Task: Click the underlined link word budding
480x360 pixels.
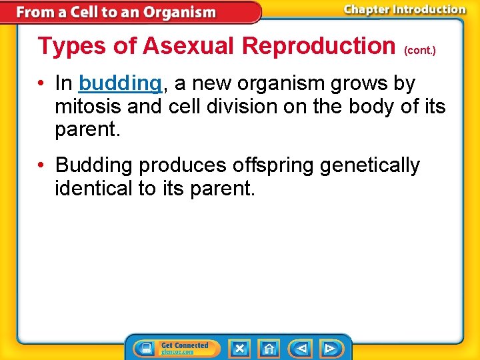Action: click(x=120, y=84)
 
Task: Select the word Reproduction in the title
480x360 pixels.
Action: click(x=318, y=46)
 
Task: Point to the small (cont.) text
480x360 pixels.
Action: click(x=420, y=51)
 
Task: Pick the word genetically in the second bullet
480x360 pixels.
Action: click(x=370, y=165)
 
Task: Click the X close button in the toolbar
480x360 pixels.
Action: click(x=240, y=348)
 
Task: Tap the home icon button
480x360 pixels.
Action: click(x=269, y=348)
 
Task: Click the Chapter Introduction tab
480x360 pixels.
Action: click(x=405, y=9)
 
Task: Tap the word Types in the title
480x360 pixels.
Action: click(x=63, y=46)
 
